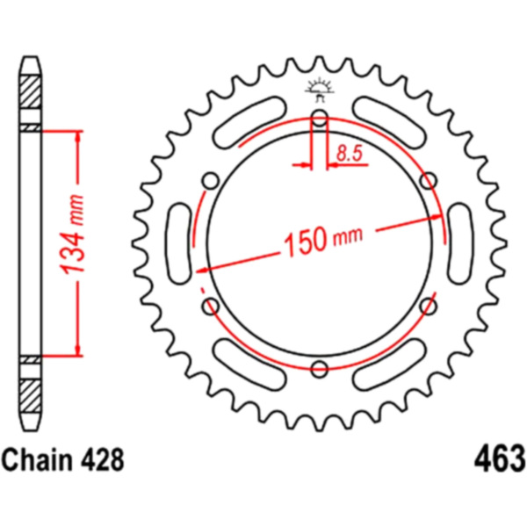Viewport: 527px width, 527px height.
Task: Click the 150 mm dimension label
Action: (323, 239)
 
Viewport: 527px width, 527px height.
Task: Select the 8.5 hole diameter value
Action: (350, 153)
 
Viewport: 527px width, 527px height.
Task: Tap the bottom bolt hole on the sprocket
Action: (320, 369)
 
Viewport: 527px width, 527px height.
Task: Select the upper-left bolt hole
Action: (211, 181)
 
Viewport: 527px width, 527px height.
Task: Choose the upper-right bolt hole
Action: (429, 181)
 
